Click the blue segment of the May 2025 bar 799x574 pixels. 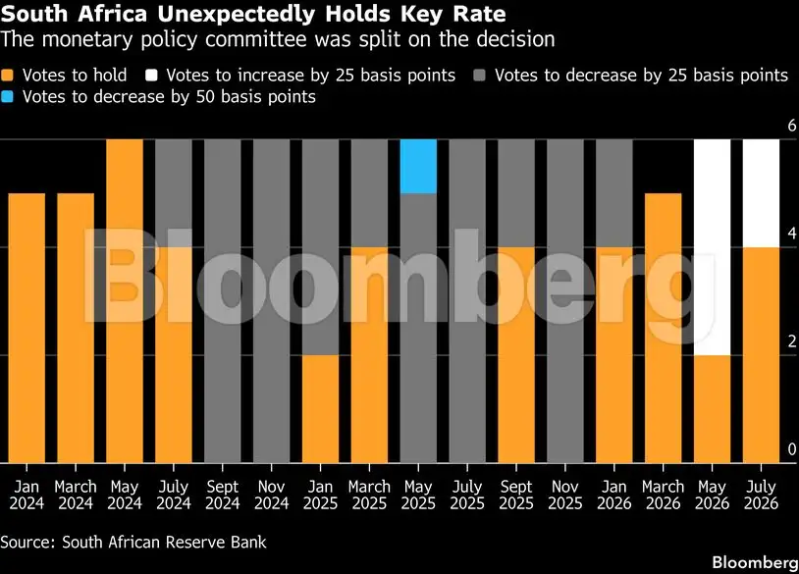click(x=418, y=167)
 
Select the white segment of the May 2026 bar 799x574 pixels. click(x=712, y=247)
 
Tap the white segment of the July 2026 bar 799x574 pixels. click(x=761, y=193)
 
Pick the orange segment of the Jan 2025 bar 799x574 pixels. click(x=321, y=409)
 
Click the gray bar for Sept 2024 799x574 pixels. click(x=223, y=301)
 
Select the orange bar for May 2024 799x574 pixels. click(x=125, y=301)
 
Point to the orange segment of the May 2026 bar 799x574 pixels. click(x=712, y=409)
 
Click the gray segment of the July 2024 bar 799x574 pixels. click(x=174, y=193)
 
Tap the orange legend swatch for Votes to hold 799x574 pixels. click(x=7, y=76)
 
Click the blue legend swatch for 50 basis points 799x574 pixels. click(x=7, y=96)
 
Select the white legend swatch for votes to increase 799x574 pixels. click(x=151, y=76)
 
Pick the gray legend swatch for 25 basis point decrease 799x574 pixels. click(x=480, y=76)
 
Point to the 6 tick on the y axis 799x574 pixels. click(x=792, y=126)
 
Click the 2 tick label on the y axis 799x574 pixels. click(x=792, y=341)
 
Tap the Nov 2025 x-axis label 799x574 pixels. click(x=565, y=496)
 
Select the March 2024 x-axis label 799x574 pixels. click(x=76, y=496)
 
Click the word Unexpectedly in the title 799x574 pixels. click(x=237, y=15)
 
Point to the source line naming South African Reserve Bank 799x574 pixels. click(x=133, y=542)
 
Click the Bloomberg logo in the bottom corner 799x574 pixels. click(x=755, y=563)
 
